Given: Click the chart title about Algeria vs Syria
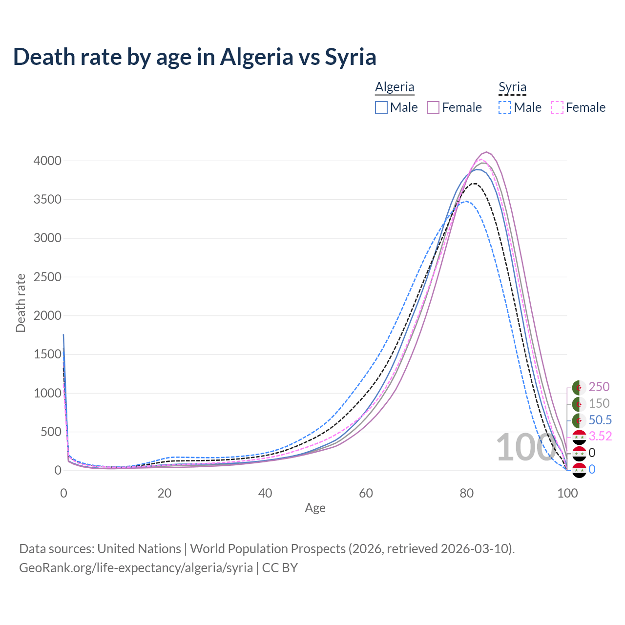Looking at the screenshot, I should (x=194, y=57).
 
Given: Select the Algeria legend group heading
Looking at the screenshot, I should (x=395, y=87).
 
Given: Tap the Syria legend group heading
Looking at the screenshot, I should (x=512, y=87).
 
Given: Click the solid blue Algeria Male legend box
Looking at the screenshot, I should (x=381, y=107).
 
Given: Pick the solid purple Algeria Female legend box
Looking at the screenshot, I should (x=433, y=107).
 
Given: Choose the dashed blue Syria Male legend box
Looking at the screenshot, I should (x=505, y=107).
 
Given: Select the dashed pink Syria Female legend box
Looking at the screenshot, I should (x=557, y=107).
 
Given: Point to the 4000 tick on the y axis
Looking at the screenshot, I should (x=47, y=161).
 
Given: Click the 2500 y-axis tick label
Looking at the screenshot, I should (x=47, y=277).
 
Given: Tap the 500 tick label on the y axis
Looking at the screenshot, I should (x=51, y=432).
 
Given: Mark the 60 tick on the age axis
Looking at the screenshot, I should (x=366, y=493).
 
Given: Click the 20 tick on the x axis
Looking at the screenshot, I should (x=164, y=493).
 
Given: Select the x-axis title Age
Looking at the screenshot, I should (x=315, y=508).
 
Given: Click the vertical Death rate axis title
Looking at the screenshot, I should (x=21, y=303).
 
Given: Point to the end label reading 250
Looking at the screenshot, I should (x=599, y=387).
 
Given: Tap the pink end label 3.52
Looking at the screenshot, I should (x=600, y=436).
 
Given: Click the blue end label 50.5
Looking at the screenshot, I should (x=600, y=420).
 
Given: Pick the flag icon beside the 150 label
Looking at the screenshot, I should (x=579, y=404).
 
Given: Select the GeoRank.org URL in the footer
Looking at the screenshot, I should (x=136, y=568).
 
